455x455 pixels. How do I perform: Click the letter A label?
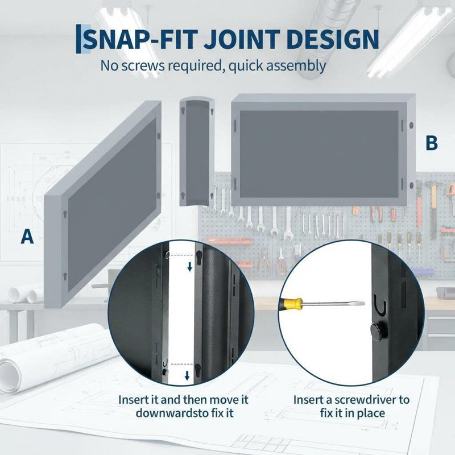[27, 236]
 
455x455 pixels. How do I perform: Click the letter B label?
[432, 143]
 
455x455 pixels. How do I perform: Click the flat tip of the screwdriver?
[361, 304]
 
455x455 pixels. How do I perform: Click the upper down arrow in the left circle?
[190, 267]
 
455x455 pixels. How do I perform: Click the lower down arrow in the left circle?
[187, 375]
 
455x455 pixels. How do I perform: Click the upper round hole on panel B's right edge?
[411, 125]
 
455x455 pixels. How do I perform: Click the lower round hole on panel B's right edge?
[411, 185]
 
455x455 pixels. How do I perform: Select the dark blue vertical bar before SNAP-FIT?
[78, 39]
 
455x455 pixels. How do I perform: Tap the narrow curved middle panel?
[197, 151]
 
